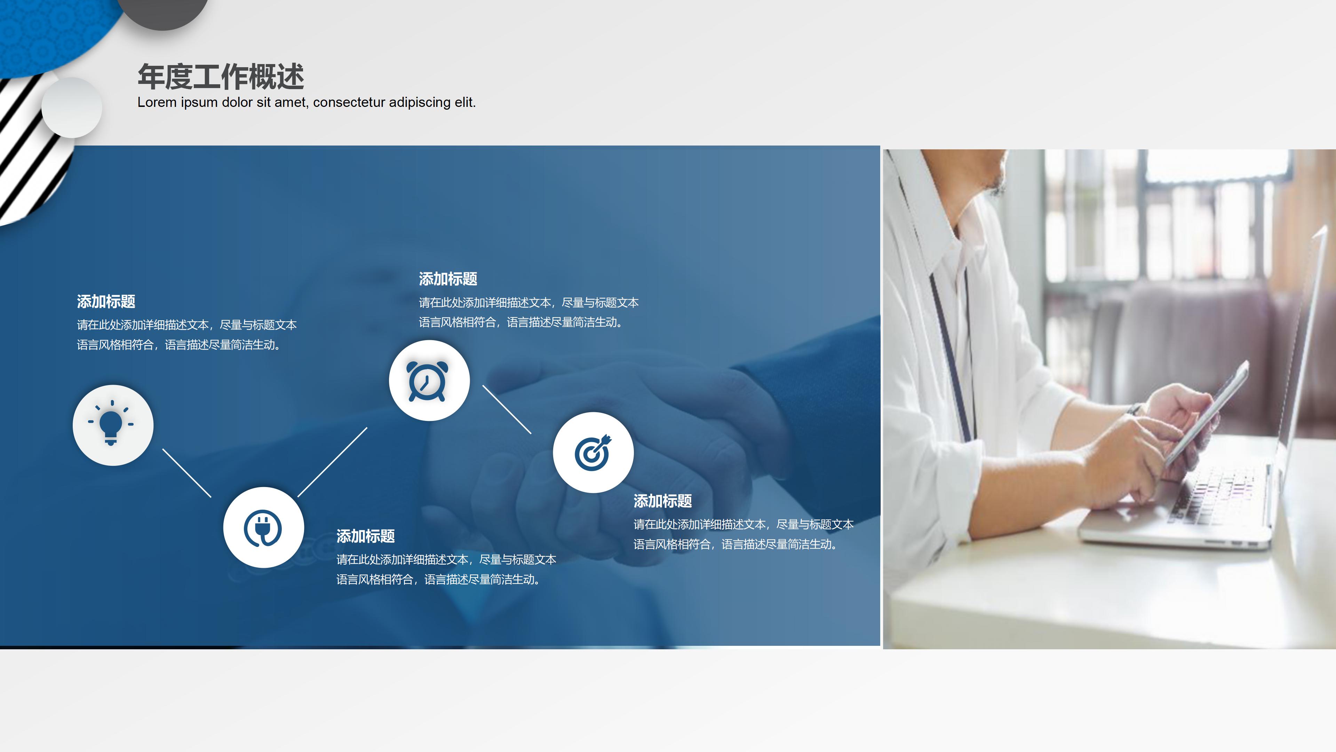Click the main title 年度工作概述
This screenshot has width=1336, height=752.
pyautogui.click(x=221, y=77)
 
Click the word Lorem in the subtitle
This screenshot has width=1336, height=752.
pyautogui.click(x=157, y=102)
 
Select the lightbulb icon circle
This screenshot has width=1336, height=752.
pyautogui.click(x=113, y=425)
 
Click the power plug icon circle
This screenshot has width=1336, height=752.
pyautogui.click(x=263, y=527)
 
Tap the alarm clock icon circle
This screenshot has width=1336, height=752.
pyautogui.click(x=429, y=381)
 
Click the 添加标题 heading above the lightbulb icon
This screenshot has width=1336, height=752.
pyautogui.click(x=106, y=301)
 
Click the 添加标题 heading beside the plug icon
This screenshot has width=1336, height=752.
pyautogui.click(x=365, y=536)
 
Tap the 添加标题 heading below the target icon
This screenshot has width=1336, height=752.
pyautogui.click(x=662, y=501)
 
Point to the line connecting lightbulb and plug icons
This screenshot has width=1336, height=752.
pyautogui.click(x=187, y=473)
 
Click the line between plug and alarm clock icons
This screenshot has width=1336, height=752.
pyautogui.click(x=333, y=462)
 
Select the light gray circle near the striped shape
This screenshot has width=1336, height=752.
pyautogui.click(x=72, y=108)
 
